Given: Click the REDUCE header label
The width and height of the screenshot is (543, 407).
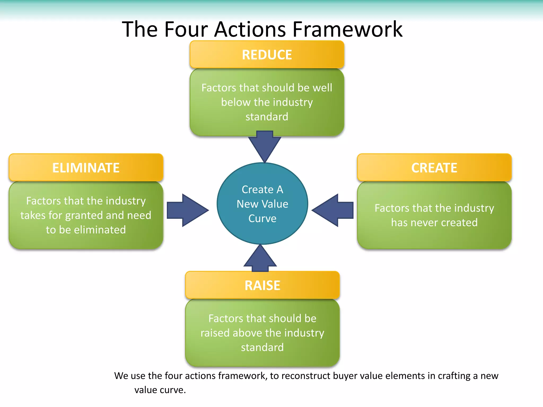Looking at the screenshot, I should coord(267,55).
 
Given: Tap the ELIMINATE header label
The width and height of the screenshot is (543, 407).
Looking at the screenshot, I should coord(86,168).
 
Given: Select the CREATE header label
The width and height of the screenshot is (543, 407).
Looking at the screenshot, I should coord(434,168).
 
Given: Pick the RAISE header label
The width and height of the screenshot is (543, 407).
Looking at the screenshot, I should coord(262,285).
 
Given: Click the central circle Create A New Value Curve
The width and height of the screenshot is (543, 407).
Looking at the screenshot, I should coord(262,203).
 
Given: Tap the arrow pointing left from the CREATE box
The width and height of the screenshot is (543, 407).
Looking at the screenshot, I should coord(333,210).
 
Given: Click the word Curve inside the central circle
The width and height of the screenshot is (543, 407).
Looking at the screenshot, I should coord(262,218).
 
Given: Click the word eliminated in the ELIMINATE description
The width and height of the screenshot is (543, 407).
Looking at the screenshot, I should coord(100,230).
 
